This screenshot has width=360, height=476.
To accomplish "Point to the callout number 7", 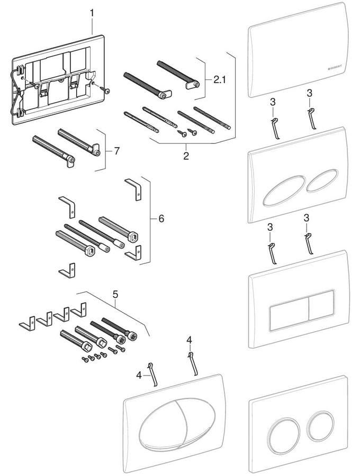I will [116, 151].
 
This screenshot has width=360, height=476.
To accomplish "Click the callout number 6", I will [154, 218].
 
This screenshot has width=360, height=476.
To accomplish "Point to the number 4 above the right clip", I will [189, 339].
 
